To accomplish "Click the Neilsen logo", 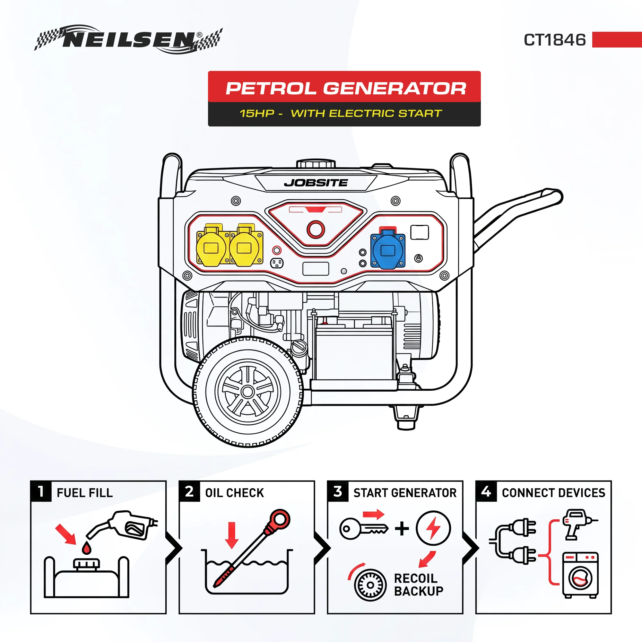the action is point(128,39).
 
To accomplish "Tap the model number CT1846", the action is point(555,40).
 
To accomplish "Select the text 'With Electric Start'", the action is point(366,113).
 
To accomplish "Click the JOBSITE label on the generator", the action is point(316,183).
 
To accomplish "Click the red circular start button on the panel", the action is point(316,229).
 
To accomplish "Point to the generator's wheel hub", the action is point(247,392).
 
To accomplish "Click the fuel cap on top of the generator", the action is point(316,164).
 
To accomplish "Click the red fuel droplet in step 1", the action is point(86,548).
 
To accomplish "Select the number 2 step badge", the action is point(189,491).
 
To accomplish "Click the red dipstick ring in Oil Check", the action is point(281,519).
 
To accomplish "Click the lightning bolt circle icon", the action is point(433,528).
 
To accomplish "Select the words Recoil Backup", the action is point(419,585).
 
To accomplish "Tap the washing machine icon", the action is point(580,575).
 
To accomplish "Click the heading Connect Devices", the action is point(554,493).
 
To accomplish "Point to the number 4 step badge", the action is point(486,491).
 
